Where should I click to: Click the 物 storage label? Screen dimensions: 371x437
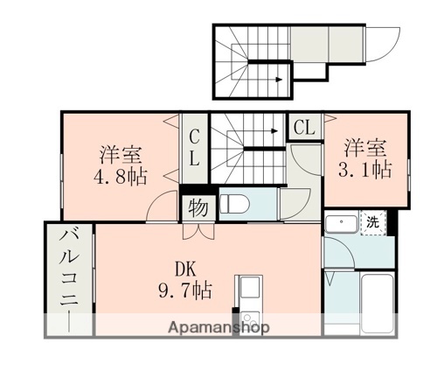(196, 208)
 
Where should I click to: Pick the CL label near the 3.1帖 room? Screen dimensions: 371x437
(303, 127)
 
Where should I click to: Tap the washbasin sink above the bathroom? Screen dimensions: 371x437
(338, 224)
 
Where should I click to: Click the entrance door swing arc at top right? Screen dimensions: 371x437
(382, 39)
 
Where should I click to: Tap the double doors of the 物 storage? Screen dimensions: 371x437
(196, 232)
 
